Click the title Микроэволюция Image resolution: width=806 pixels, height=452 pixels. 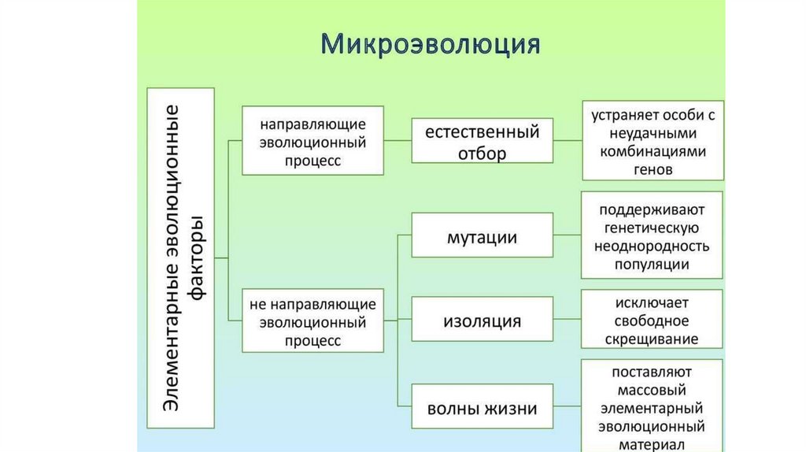pyautogui.click(x=431, y=44)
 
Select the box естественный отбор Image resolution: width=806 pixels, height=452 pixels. pyautogui.click(x=482, y=140)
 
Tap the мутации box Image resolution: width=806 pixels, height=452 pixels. pyautogui.click(x=482, y=235)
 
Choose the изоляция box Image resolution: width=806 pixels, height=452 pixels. pyautogui.click(x=482, y=319)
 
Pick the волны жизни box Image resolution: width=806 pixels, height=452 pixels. pyautogui.click(x=482, y=406)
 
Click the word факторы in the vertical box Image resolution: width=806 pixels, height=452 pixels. pyautogui.click(x=197, y=258)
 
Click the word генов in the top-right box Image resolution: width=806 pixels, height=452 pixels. pyautogui.click(x=653, y=169)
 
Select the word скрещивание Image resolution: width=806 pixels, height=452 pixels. pyautogui.click(x=651, y=339)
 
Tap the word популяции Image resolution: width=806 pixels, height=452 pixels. pyautogui.click(x=652, y=265)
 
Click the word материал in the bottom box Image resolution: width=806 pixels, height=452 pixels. pyautogui.click(x=651, y=445)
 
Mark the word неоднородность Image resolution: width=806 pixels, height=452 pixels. pyautogui.click(x=652, y=246)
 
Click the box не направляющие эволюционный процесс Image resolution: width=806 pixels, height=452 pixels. pyautogui.click(x=312, y=320)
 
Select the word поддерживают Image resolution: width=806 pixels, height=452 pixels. pyautogui.click(x=652, y=209)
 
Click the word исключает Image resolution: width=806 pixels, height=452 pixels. pyautogui.click(x=651, y=303)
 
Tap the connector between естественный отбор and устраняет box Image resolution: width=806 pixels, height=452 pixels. pyautogui.click(x=568, y=140)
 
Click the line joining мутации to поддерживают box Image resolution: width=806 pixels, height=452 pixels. pyautogui.click(x=568, y=235)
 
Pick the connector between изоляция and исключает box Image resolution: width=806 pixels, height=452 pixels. pyautogui.click(x=568, y=319)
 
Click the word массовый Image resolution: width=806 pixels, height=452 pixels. pyautogui.click(x=651, y=391)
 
